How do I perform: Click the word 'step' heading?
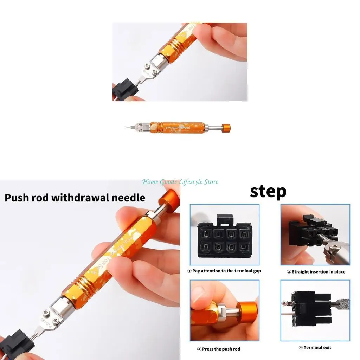pos(268,192)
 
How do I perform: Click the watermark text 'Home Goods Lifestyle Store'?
pos(180,182)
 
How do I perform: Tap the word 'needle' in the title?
pos(128,198)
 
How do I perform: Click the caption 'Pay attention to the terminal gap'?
pos(224,271)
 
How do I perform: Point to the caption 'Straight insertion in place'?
pos(316,272)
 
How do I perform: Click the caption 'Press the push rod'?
pos(218,349)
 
